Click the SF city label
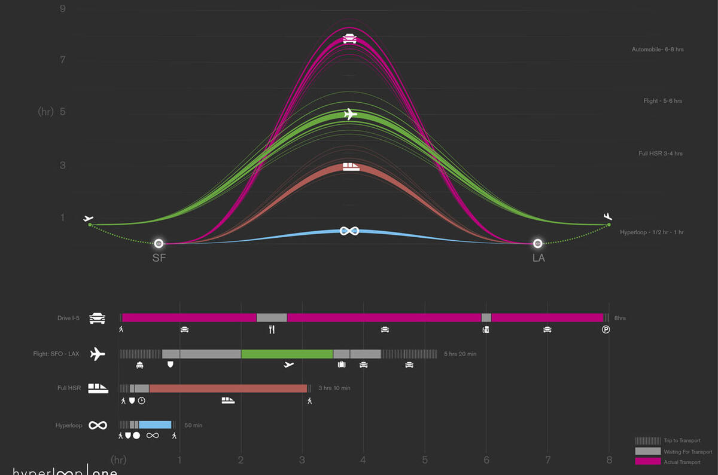click(159, 259)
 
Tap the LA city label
click(538, 259)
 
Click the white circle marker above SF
click(159, 244)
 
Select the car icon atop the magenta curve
click(349, 39)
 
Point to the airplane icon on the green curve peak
click(350, 114)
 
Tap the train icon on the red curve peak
click(351, 167)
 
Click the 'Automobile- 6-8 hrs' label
click(658, 50)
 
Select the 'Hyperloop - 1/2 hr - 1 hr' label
click(652, 232)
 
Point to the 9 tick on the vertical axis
click(63, 8)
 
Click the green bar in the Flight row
click(287, 354)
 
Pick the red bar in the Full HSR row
click(228, 388)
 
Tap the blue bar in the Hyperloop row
click(155, 425)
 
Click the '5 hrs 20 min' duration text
click(460, 354)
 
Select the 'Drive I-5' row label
click(68, 318)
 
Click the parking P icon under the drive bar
click(606, 329)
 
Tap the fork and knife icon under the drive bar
click(272, 329)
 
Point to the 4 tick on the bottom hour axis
click(363, 460)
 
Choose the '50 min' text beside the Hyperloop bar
click(193, 425)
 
